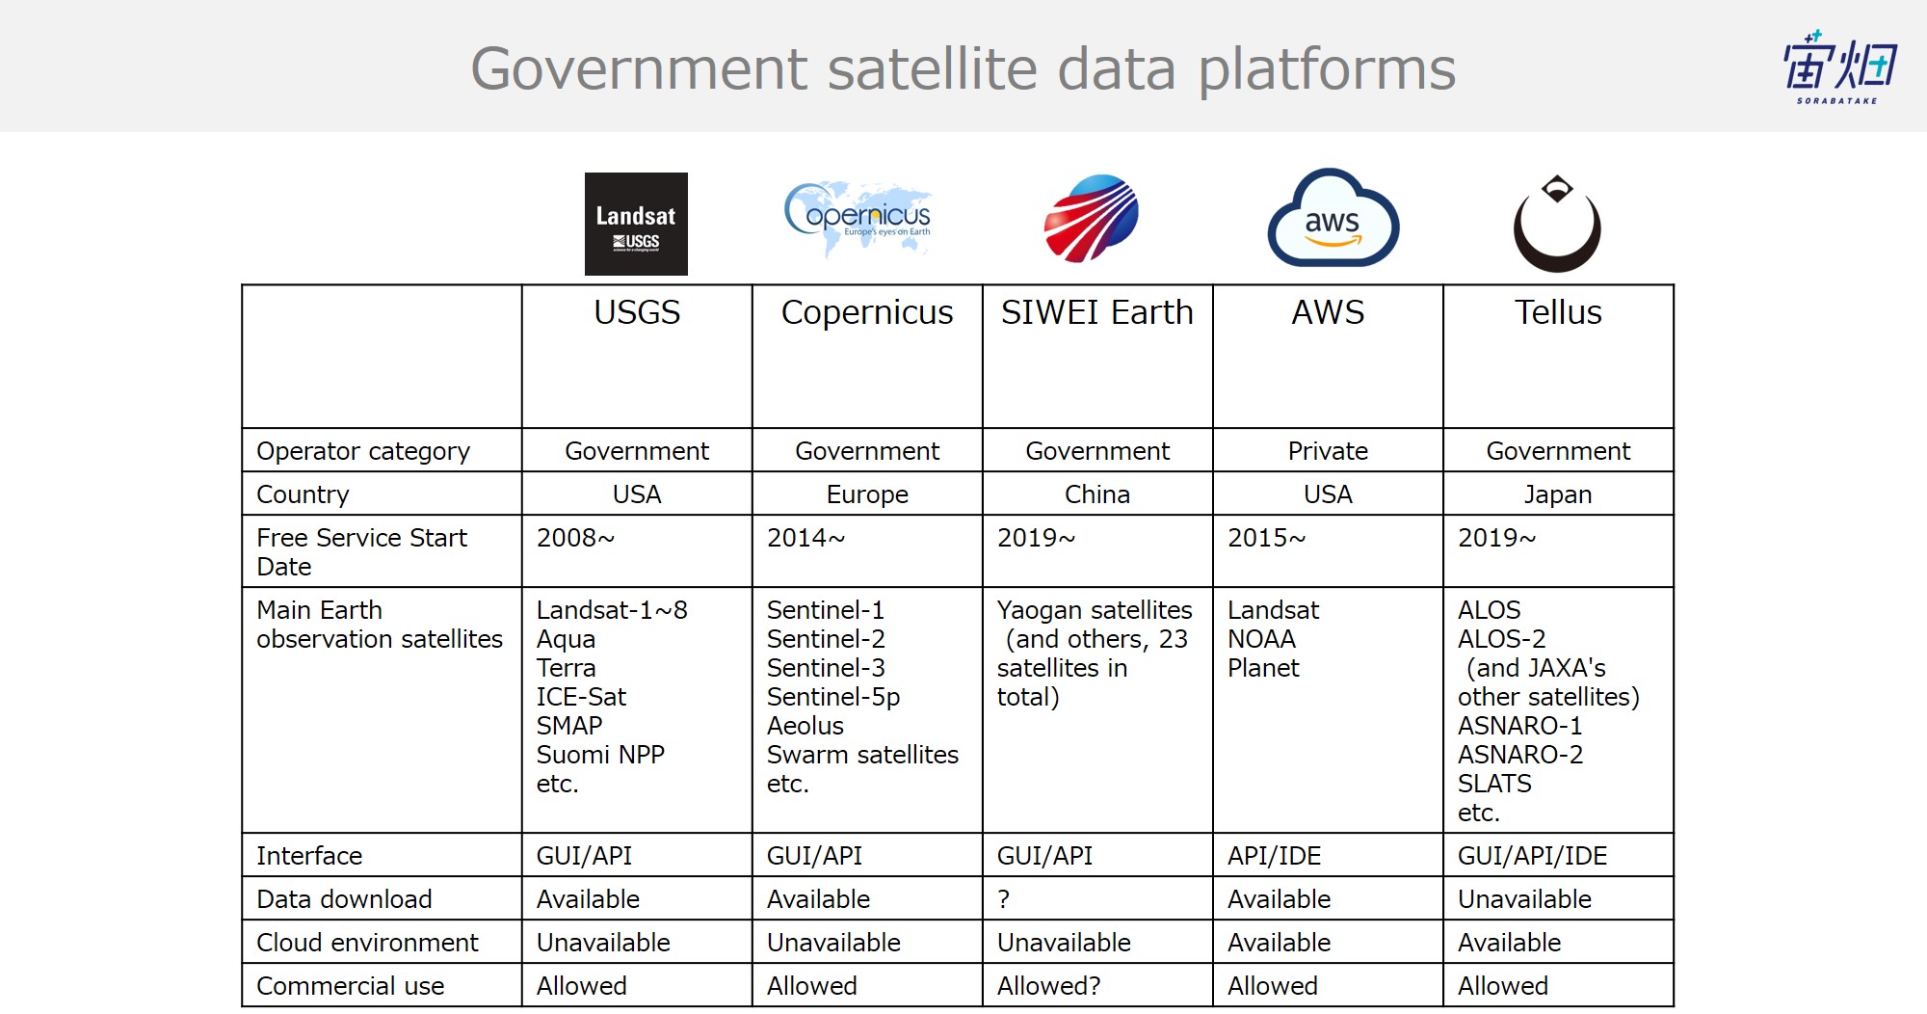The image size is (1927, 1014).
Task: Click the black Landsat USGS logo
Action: tap(636, 224)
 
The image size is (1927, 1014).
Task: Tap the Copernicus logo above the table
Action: tap(858, 218)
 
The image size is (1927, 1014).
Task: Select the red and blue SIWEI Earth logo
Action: tap(1092, 218)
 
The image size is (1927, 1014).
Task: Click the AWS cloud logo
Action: tap(1333, 218)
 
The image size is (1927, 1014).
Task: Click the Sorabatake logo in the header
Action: tap(1838, 67)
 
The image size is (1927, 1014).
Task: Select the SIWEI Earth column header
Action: tap(1097, 312)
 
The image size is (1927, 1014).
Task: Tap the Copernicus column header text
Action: tap(867, 313)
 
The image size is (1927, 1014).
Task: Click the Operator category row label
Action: tap(363, 451)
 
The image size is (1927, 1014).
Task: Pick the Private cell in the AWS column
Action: tap(1328, 451)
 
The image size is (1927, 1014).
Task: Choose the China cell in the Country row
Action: tap(1097, 494)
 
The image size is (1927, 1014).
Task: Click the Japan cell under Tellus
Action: tap(1558, 494)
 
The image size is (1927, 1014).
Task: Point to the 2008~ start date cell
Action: tap(575, 538)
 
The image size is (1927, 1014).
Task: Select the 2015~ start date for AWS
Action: tap(1266, 538)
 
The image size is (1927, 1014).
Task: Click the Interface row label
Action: tap(309, 856)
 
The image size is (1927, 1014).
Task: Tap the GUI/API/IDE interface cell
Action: tap(1532, 856)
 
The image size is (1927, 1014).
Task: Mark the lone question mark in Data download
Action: tap(1004, 899)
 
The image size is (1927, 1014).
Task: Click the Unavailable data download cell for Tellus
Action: tap(1524, 899)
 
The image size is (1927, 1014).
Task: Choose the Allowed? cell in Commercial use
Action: tap(1048, 986)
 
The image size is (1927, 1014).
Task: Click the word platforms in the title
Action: tap(1328, 70)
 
